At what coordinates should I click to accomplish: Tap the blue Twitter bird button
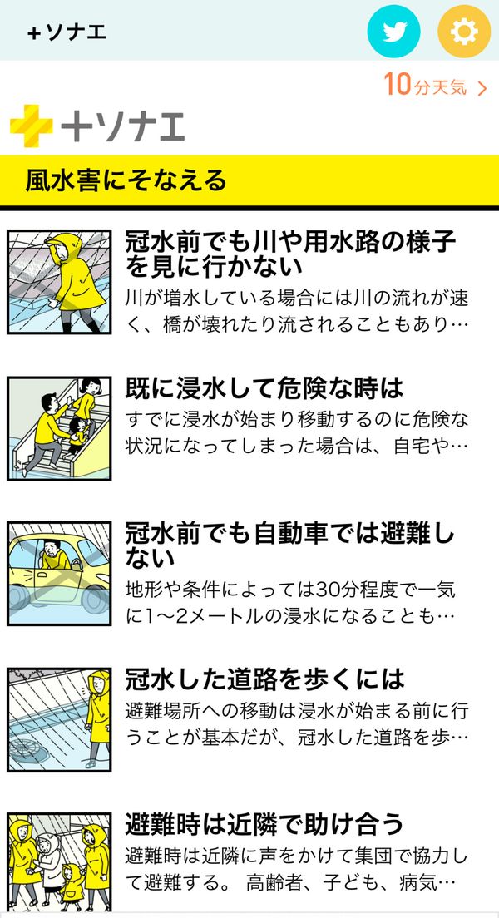[393, 31]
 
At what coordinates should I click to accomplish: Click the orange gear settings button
[464, 31]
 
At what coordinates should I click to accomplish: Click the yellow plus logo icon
[31, 126]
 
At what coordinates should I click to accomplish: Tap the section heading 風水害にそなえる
[126, 180]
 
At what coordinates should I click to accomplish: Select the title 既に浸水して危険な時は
[264, 387]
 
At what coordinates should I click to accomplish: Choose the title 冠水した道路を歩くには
[264, 679]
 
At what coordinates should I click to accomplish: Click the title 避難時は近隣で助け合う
[264, 824]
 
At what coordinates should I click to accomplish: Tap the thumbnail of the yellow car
[59, 573]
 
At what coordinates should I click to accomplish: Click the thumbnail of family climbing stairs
[59, 428]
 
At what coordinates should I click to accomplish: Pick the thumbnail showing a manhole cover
[59, 719]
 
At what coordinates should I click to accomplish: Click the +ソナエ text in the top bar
[67, 32]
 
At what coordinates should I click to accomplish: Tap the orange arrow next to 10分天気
[482, 89]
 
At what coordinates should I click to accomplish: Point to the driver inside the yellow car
[56, 555]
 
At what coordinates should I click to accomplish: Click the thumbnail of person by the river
[59, 282]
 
